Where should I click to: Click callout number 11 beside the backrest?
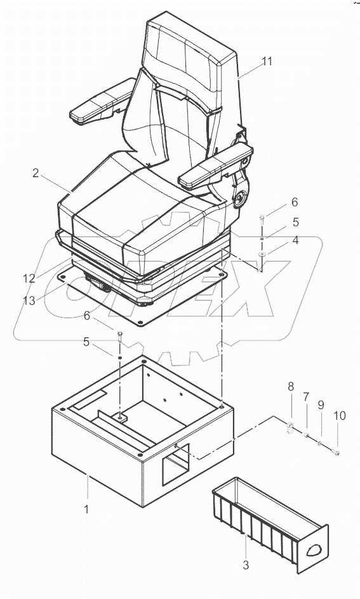coord(267,61)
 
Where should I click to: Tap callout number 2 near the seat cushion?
coord(36,173)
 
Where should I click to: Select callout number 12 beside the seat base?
coord(29,278)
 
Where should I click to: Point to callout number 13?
coord(29,300)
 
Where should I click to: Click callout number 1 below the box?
coord(86,509)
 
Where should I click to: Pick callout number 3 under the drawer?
coord(246,565)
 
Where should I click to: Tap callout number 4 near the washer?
coord(295,241)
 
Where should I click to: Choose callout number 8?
coord(291,387)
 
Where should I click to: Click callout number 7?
coord(306,397)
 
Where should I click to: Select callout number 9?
coord(321,405)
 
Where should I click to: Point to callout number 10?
coord(340,415)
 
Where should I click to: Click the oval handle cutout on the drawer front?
coord(314,549)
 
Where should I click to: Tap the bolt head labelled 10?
coord(337,454)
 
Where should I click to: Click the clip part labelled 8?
coord(290,427)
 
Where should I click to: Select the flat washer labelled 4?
coord(262,254)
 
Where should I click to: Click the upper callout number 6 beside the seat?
coord(295,202)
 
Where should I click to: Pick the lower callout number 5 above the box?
coord(86,342)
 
